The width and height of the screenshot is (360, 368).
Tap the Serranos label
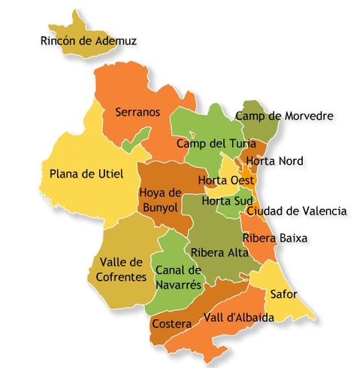[138, 112]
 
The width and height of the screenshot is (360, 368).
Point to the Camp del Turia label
[211, 143]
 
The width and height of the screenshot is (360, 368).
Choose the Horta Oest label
[225, 181]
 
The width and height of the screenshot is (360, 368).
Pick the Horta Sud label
[226, 201]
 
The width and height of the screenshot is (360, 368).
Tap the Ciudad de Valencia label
[296, 211]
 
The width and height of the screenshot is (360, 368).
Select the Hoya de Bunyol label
[161, 199]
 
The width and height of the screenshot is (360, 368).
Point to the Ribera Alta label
[219, 252]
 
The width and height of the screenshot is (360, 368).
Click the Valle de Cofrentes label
[121, 269]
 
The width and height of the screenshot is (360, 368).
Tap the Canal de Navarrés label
[178, 278]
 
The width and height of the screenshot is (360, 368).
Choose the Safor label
[283, 293]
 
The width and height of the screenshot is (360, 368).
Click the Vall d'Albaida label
[238, 318]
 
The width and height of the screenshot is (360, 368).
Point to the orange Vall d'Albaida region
[218, 335]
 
